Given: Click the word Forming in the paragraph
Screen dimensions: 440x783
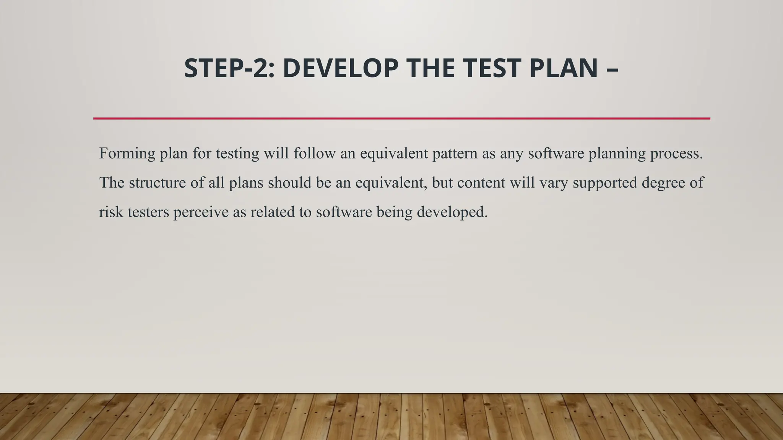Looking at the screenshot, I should tap(127, 154).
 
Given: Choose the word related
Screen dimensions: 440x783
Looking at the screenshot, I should tap(272, 212).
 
